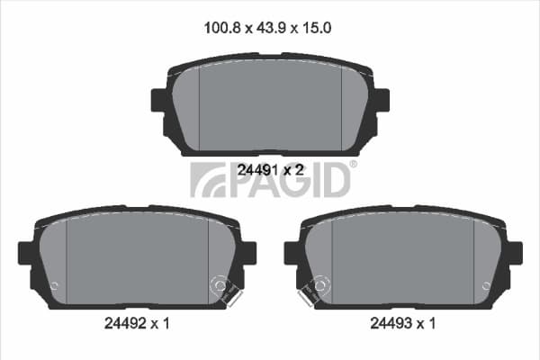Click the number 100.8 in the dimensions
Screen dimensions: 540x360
221,28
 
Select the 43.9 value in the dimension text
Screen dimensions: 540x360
271,28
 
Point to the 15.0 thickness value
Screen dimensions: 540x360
317,28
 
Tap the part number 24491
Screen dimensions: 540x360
257,170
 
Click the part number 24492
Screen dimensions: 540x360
125,323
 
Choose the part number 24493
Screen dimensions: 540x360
391,323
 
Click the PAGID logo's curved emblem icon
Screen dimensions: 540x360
208,180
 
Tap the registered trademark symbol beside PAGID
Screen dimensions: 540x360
353,164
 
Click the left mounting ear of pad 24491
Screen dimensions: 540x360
159,100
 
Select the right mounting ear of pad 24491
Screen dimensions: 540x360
382,100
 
